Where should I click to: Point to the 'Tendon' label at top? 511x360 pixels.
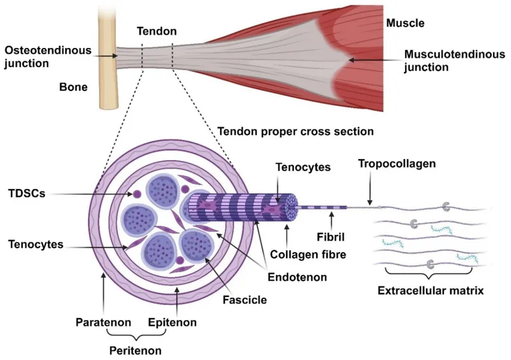click(156, 30)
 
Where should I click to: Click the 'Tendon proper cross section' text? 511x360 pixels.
click(296, 131)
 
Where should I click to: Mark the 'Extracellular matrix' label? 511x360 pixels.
click(431, 290)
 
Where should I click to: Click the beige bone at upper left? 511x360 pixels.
click(109, 64)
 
